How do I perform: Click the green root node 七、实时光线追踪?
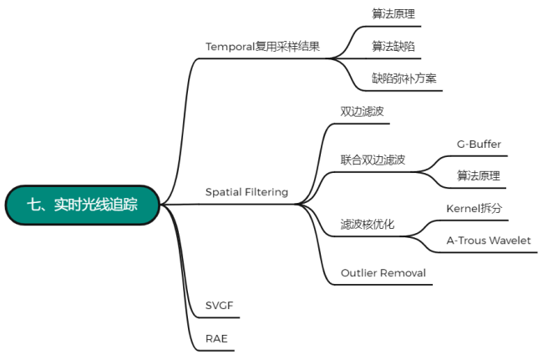[82, 205]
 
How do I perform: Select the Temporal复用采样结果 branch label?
[263, 46]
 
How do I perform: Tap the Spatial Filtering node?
[246, 192]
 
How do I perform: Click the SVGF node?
[221, 306]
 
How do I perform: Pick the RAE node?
[216, 339]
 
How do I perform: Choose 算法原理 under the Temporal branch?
[393, 14]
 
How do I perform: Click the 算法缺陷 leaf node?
[393, 46]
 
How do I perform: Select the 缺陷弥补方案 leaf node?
[404, 79]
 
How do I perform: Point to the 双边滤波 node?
[362, 111]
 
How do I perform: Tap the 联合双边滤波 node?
[373, 160]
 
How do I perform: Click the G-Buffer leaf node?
[479, 144]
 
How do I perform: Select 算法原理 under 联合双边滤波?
[478, 175]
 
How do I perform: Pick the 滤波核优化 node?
[368, 225]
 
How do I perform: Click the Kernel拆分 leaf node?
[474, 208]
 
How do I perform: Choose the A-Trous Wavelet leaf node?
[489, 241]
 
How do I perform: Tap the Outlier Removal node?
[383, 273]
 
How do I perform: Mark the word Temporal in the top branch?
[230, 46]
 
